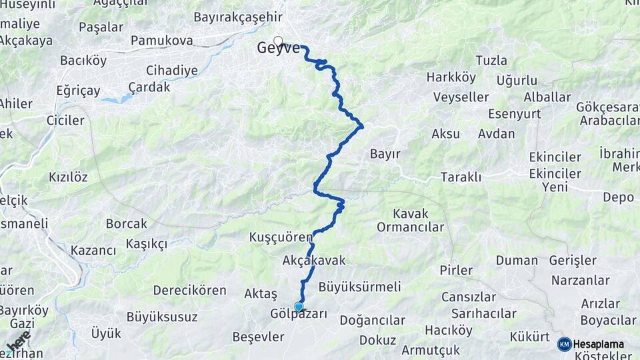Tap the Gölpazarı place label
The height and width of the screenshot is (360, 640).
[299, 314]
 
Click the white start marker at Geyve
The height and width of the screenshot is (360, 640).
[278, 40]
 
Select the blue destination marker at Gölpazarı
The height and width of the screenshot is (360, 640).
[299, 307]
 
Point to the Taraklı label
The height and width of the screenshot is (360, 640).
[461, 177]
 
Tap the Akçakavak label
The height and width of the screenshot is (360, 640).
[314, 261]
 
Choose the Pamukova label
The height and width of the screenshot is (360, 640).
[161, 41]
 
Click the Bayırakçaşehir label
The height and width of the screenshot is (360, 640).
[238, 17]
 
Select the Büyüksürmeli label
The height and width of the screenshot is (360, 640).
[359, 287]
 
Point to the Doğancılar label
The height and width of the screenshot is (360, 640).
[372, 320]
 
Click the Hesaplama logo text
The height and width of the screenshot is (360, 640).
[599, 344]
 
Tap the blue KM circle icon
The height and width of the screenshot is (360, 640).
[565, 344]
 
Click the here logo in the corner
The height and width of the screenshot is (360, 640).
[18, 341]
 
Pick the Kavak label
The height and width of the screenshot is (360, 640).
[411, 214]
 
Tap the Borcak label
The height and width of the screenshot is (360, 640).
[126, 224]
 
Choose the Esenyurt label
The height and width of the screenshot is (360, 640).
[514, 113]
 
